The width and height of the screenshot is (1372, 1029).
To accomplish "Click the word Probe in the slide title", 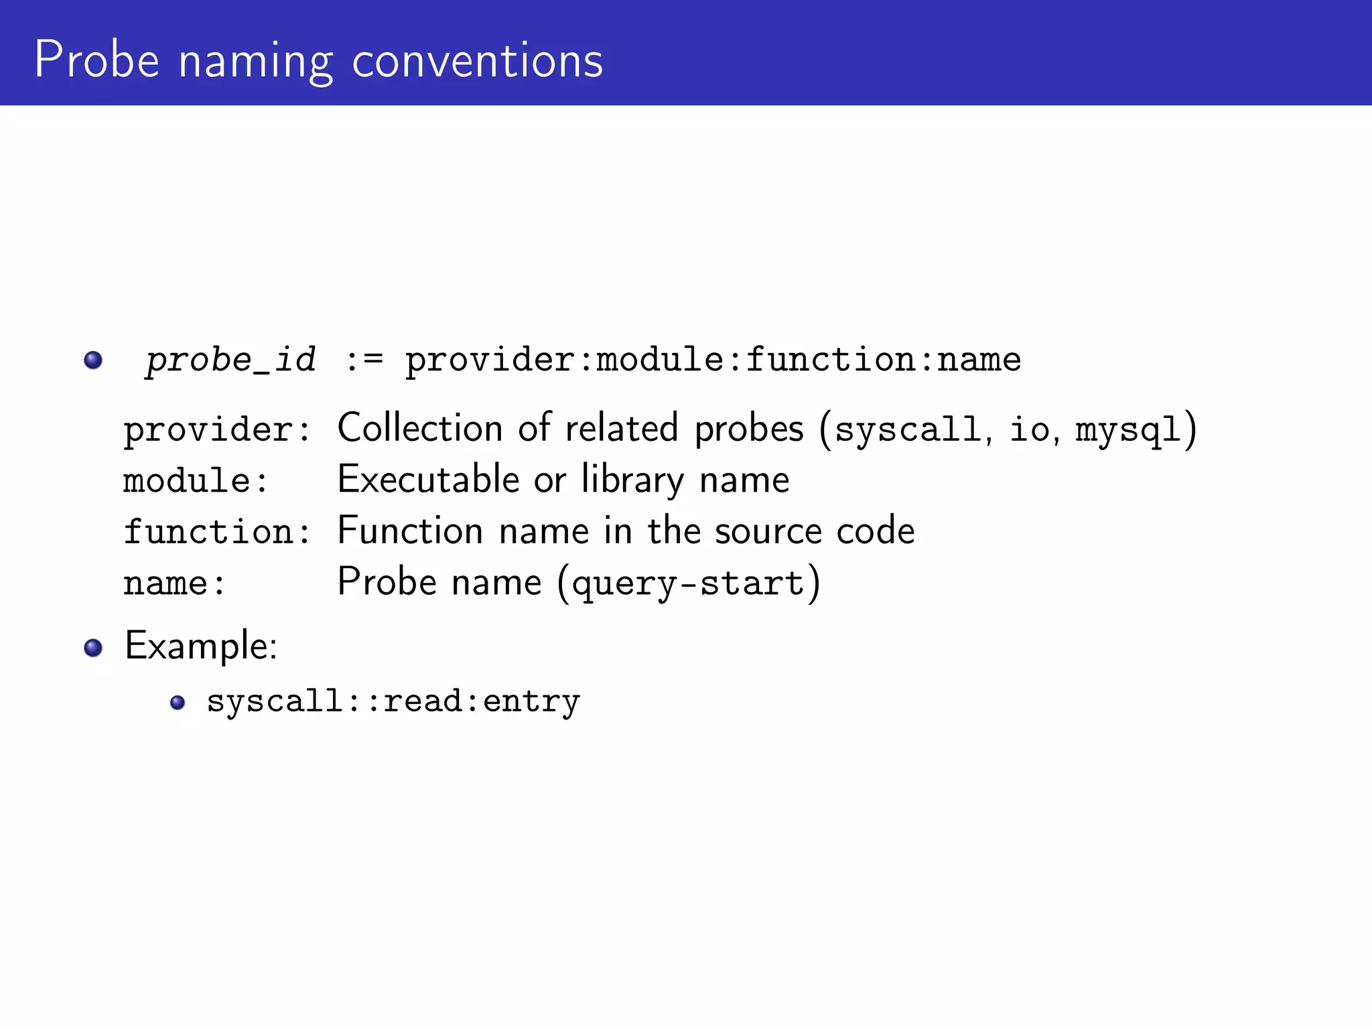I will (96, 60).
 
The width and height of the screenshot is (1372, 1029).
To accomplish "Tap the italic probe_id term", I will (230, 360).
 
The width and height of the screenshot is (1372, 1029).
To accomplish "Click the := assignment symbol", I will (364, 360).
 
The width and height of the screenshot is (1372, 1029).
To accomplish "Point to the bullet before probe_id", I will (93, 360).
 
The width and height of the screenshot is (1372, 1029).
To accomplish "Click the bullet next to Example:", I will (93, 647).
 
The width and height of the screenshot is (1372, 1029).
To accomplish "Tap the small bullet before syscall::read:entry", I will (178, 702).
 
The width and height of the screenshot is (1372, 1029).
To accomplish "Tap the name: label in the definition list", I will (174, 583).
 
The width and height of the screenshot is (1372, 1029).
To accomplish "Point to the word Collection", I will (420, 429).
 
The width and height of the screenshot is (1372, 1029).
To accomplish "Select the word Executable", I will (428, 480).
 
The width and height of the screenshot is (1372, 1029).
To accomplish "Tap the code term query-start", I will (688, 583).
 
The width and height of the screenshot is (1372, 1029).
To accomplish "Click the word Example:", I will (201, 647).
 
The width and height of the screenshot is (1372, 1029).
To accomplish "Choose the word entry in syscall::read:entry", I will (531, 702).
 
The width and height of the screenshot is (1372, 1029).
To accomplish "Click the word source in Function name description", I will (768, 532).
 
